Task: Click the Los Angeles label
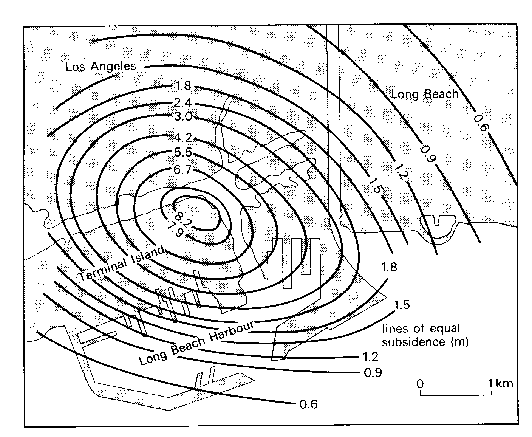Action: (x=101, y=67)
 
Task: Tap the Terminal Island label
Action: (x=121, y=263)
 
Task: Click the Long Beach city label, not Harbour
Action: (x=425, y=94)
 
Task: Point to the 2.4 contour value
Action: (x=183, y=103)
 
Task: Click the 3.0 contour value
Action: (x=183, y=116)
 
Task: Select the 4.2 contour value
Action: (x=183, y=138)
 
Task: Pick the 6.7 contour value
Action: (x=183, y=169)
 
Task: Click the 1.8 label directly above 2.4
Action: (x=183, y=86)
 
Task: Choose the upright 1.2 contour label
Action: (x=371, y=357)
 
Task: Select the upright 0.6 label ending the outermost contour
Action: (x=308, y=404)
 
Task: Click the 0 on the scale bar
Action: (x=420, y=384)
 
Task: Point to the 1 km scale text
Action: (x=501, y=383)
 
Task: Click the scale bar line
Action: (x=456, y=395)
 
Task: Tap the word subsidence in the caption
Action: (x=413, y=342)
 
